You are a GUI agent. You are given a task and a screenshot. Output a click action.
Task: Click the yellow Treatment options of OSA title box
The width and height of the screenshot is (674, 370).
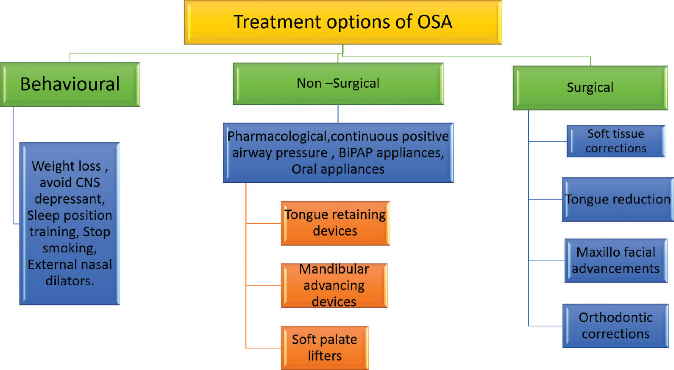343,22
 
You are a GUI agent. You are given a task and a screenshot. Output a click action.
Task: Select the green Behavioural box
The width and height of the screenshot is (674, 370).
70,84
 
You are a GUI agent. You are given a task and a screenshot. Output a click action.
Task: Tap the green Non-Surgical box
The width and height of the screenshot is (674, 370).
338,84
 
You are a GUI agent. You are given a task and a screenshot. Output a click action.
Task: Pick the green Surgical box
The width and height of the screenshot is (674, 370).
590,88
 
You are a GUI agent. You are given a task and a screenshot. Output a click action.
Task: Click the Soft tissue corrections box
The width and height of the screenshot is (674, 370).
616,141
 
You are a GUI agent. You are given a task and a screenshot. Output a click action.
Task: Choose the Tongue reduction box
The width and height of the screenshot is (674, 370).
618,199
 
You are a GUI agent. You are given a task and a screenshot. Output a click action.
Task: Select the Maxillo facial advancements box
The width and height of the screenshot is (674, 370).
616,260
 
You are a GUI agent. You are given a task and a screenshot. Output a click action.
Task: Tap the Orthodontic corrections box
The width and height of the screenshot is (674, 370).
615,326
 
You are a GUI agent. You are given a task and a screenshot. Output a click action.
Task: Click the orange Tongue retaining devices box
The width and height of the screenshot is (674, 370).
335,223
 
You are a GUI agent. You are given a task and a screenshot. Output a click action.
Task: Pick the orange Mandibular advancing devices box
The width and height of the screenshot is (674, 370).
334,285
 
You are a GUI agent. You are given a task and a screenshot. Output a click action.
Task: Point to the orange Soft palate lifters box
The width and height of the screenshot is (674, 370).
325,348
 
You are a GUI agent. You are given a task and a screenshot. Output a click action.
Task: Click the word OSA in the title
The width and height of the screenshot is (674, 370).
435,22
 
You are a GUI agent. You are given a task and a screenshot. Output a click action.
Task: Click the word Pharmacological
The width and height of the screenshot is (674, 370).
277,137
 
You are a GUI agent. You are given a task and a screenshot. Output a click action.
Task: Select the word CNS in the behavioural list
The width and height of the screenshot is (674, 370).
88,183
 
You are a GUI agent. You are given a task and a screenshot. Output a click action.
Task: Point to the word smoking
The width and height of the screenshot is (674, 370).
70,249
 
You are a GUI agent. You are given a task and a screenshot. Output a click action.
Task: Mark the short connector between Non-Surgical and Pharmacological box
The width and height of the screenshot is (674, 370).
338,114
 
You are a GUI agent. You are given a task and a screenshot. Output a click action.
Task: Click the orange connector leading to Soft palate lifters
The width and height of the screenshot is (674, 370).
263,348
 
